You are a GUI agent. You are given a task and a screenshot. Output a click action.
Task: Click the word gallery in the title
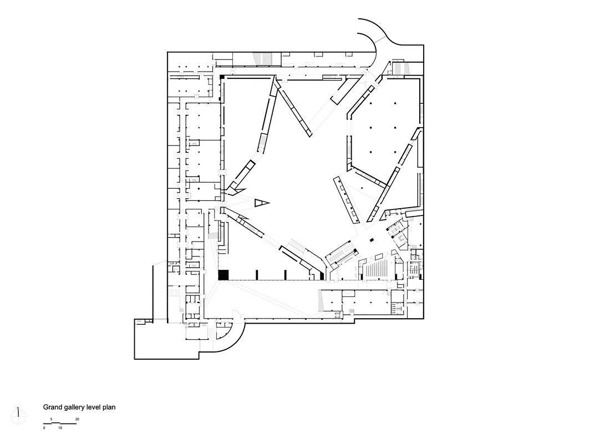pos(75,407)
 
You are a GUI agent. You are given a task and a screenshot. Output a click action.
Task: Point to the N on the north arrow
pos(18,409)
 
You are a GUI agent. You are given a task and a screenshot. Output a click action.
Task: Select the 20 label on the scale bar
pos(77,419)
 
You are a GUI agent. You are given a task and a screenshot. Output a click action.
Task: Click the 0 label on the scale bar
pos(44,428)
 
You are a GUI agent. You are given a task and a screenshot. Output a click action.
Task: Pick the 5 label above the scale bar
pos(52,419)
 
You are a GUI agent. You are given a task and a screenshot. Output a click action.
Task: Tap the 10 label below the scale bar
pos(60,428)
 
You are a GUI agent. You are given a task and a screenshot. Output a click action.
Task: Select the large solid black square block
pos(223,275)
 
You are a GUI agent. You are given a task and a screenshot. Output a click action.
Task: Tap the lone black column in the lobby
pos(372,240)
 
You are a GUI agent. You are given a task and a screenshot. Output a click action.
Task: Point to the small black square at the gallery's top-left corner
pos(221,76)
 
